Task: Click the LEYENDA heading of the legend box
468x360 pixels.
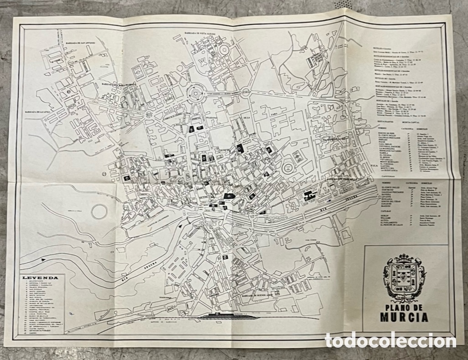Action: pyautogui.click(x=42, y=277)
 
